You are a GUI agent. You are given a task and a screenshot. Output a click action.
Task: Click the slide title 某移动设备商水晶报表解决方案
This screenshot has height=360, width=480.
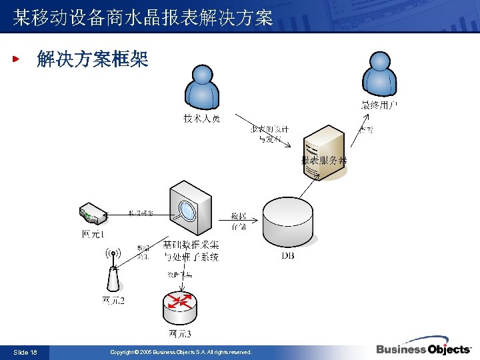click(143, 17)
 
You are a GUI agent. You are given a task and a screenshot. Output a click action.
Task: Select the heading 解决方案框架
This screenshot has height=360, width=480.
click(93, 59)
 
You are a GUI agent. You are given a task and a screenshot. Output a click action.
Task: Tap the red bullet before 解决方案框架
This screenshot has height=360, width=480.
click(17, 59)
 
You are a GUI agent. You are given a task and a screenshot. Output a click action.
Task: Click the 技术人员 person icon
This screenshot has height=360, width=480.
click(202, 87)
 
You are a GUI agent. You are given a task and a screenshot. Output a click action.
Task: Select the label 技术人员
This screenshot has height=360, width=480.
click(202, 119)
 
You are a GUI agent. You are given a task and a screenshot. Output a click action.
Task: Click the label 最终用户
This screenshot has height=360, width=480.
click(379, 105)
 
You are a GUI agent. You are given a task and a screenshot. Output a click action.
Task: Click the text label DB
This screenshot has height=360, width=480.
click(288, 255)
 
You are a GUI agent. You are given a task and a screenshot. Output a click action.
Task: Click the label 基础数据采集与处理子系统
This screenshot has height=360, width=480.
click(191, 251)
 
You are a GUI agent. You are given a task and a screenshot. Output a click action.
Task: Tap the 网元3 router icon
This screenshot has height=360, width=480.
click(180, 304)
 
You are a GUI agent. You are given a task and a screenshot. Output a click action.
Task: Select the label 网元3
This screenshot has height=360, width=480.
click(180, 333)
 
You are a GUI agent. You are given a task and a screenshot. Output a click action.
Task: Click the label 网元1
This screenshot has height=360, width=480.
click(93, 234)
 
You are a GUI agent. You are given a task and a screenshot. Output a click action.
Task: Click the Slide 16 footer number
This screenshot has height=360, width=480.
click(25, 352)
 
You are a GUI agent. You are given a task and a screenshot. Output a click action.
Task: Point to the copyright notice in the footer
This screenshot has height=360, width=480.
click(181, 352)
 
